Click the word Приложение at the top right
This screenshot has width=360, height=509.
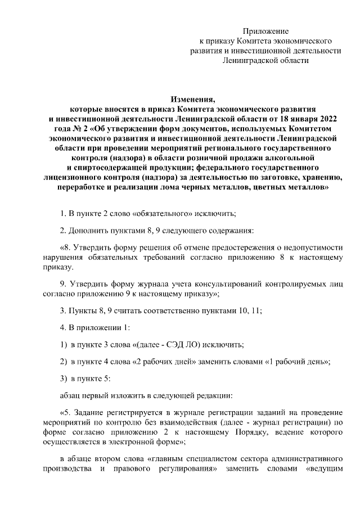265,30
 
